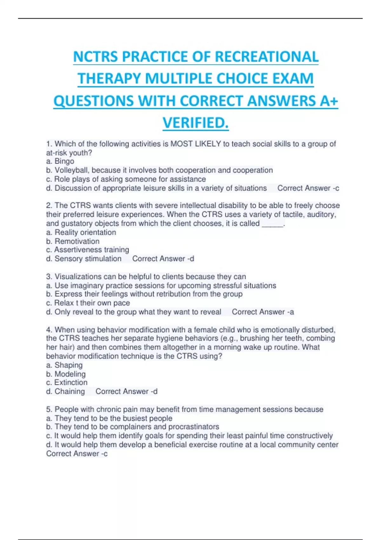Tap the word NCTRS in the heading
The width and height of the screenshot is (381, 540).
96,57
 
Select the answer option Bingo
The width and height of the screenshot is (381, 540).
64,161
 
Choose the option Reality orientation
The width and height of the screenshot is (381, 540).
85,233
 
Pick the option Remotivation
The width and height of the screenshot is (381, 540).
77,241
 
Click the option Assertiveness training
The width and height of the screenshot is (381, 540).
91,250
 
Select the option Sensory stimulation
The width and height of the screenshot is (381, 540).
88,259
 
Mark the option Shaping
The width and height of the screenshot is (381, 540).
68,365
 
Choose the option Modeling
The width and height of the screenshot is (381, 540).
70,374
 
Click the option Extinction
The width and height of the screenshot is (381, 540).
70,382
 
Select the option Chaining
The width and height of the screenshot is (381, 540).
70,391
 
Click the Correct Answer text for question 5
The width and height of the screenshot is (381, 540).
77,454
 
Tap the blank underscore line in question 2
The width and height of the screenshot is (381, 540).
272,224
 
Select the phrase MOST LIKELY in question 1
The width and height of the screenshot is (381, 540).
196,144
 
